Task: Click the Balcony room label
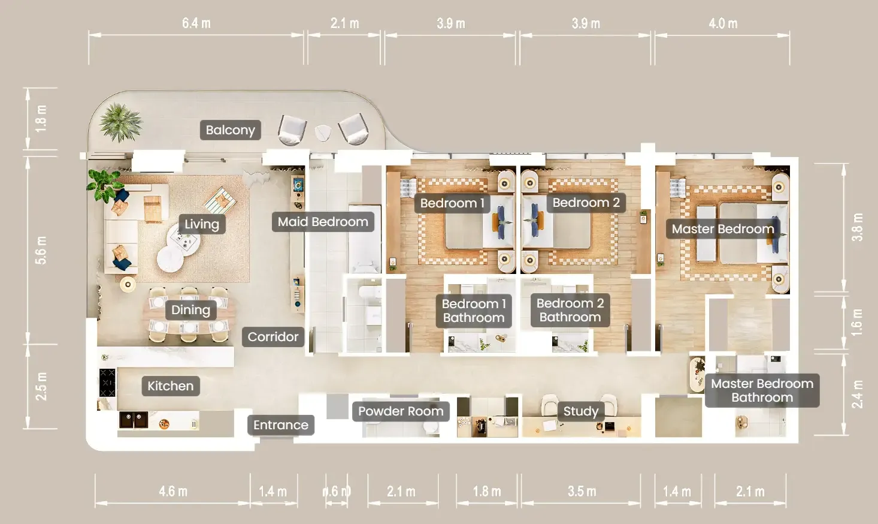pos(230,130)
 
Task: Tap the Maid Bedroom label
pos(323,222)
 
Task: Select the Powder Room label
pos(401,411)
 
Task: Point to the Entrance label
pos(281,425)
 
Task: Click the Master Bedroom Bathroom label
pos(762,390)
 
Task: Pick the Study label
pos(580,411)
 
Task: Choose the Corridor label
pos(273,337)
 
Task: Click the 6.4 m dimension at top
pos(196,23)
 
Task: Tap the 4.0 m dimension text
pos(723,23)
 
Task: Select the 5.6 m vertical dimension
pos(41,250)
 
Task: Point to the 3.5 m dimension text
pos(582,491)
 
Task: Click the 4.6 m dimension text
pos(173,491)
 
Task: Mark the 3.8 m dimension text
pos(857,227)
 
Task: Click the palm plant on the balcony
pos(120,122)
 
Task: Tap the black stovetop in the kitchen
pos(107,383)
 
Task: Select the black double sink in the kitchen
pos(134,420)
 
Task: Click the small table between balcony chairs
pos(323,133)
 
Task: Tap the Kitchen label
pos(171,386)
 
